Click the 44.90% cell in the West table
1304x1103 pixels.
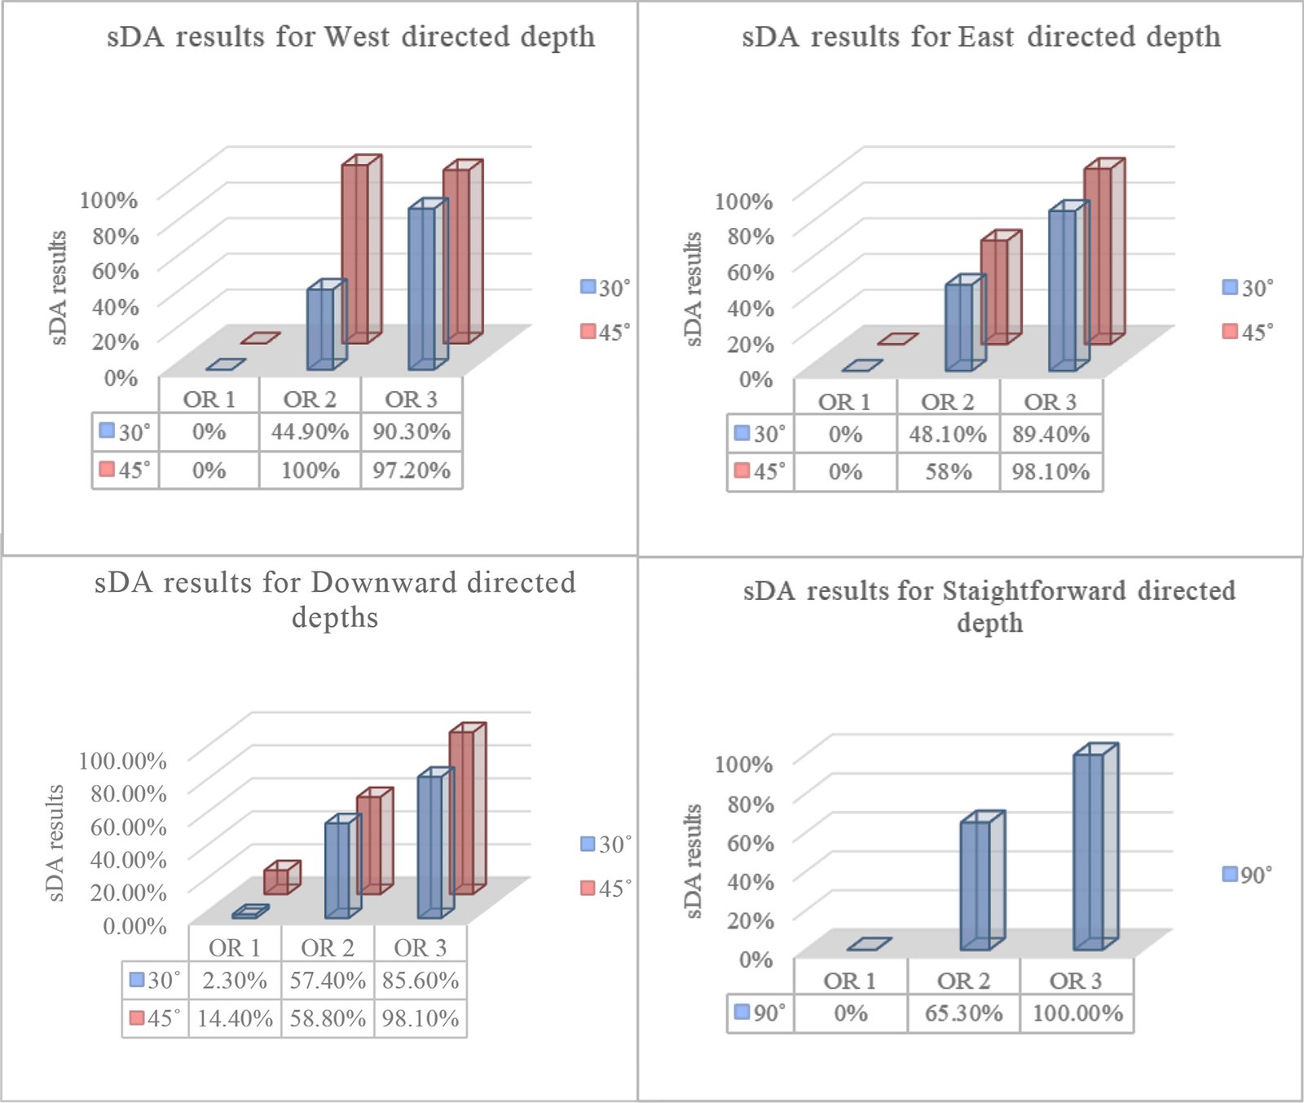310,431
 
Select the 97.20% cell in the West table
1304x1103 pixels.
412,470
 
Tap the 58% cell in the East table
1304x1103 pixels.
948,472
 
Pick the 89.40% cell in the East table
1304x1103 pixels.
1051,435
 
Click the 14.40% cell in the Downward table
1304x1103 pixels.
235,1018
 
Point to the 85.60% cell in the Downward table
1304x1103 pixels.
421,980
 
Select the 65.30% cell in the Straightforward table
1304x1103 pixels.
963,1013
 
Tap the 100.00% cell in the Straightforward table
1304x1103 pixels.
1077,1013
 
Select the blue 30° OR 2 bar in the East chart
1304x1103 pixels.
960,326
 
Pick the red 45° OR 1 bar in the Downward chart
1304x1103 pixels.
277,880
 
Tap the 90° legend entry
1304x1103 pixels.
1248,875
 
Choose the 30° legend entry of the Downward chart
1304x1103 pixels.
606,844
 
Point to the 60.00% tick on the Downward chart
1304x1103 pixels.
128,826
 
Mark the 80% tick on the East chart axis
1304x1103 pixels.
750,236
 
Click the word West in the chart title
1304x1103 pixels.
357,37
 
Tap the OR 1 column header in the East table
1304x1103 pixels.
844,402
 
